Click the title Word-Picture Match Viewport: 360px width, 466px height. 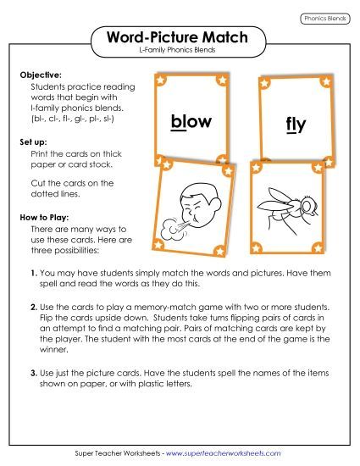pyautogui.click(x=180, y=37)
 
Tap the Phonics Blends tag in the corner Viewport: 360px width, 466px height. pyautogui.click(x=325, y=18)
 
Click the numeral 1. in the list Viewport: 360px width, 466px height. pyautogui.click(x=33, y=274)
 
